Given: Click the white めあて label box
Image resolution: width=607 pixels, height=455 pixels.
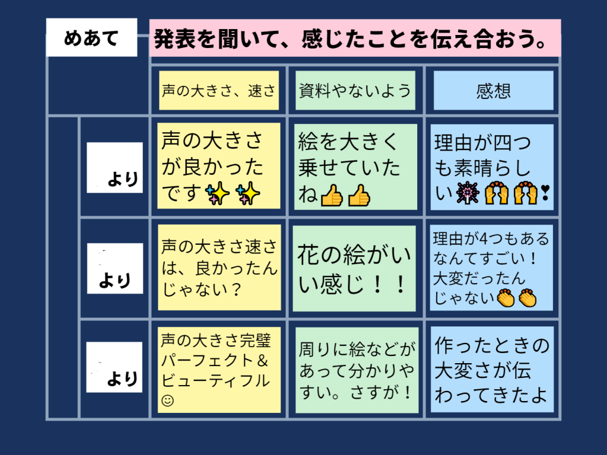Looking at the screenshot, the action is click(92, 37).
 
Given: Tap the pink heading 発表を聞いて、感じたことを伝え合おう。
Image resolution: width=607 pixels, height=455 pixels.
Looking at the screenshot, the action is click(355, 38).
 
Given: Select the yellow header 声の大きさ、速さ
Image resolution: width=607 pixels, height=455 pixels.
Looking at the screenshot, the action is click(219, 91).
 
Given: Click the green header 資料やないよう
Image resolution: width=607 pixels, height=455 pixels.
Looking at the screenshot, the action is click(355, 91).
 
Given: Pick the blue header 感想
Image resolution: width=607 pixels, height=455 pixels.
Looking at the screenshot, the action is click(493, 91).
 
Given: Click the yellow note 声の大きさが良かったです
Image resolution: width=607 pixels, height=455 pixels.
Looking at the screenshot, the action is click(219, 166).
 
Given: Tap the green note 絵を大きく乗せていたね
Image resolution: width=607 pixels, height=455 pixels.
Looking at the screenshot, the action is click(356, 166).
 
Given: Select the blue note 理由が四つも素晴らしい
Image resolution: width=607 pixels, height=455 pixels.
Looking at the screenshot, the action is click(492, 167).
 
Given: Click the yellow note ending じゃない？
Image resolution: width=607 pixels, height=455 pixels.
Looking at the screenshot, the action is click(219, 267).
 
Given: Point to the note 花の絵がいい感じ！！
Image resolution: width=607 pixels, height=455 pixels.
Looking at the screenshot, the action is click(354, 268).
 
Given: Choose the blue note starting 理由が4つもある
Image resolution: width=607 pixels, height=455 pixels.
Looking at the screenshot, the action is click(491, 267).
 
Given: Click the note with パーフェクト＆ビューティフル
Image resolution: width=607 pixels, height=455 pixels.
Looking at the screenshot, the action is click(219, 370).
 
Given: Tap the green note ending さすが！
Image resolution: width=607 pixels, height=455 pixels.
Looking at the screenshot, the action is click(357, 370).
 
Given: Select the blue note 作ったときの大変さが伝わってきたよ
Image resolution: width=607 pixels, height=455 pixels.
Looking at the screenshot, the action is click(492, 370).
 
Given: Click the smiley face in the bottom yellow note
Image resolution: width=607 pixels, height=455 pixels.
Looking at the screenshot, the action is click(168, 400).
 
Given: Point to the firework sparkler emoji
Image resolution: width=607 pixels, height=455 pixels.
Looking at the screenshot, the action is click(468, 193).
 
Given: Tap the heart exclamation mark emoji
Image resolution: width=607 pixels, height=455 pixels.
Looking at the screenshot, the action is click(545, 193).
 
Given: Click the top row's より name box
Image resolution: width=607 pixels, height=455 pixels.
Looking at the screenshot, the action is click(114, 168).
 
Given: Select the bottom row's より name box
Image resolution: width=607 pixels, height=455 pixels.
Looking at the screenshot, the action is click(114, 367).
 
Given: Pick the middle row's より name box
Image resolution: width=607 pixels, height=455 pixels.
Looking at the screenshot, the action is click(115, 268).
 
